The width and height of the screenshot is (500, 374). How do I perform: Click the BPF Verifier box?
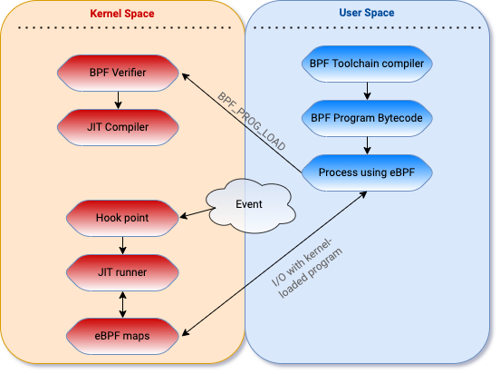click(118, 73)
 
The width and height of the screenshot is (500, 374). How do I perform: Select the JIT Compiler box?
click(118, 127)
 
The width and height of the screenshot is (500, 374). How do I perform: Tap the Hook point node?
click(122, 218)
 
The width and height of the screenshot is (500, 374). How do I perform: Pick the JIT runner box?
click(122, 272)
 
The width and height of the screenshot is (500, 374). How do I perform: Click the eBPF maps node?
click(122, 336)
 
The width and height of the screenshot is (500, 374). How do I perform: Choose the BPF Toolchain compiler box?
click(367, 64)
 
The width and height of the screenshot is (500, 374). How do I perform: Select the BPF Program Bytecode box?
click(367, 118)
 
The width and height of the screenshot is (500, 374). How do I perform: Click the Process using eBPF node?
click(367, 172)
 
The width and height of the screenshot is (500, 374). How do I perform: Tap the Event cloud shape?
click(250, 205)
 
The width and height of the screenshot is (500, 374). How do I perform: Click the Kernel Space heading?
click(122, 14)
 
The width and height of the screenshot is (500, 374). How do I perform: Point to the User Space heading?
click(367, 13)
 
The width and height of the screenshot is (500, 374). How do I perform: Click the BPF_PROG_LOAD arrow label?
click(251, 122)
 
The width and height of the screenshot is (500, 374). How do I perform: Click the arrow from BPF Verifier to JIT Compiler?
click(118, 100)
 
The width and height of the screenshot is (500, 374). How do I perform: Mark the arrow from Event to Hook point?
click(197, 213)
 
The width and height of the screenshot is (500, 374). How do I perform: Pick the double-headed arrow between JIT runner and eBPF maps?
click(123, 304)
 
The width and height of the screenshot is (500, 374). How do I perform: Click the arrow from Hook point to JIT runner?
click(123, 245)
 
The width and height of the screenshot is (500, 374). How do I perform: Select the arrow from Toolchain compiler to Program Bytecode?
click(367, 91)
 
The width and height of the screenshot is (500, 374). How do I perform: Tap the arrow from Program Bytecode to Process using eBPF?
click(367, 145)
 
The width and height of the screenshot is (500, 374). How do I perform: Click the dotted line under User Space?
click(367, 28)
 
